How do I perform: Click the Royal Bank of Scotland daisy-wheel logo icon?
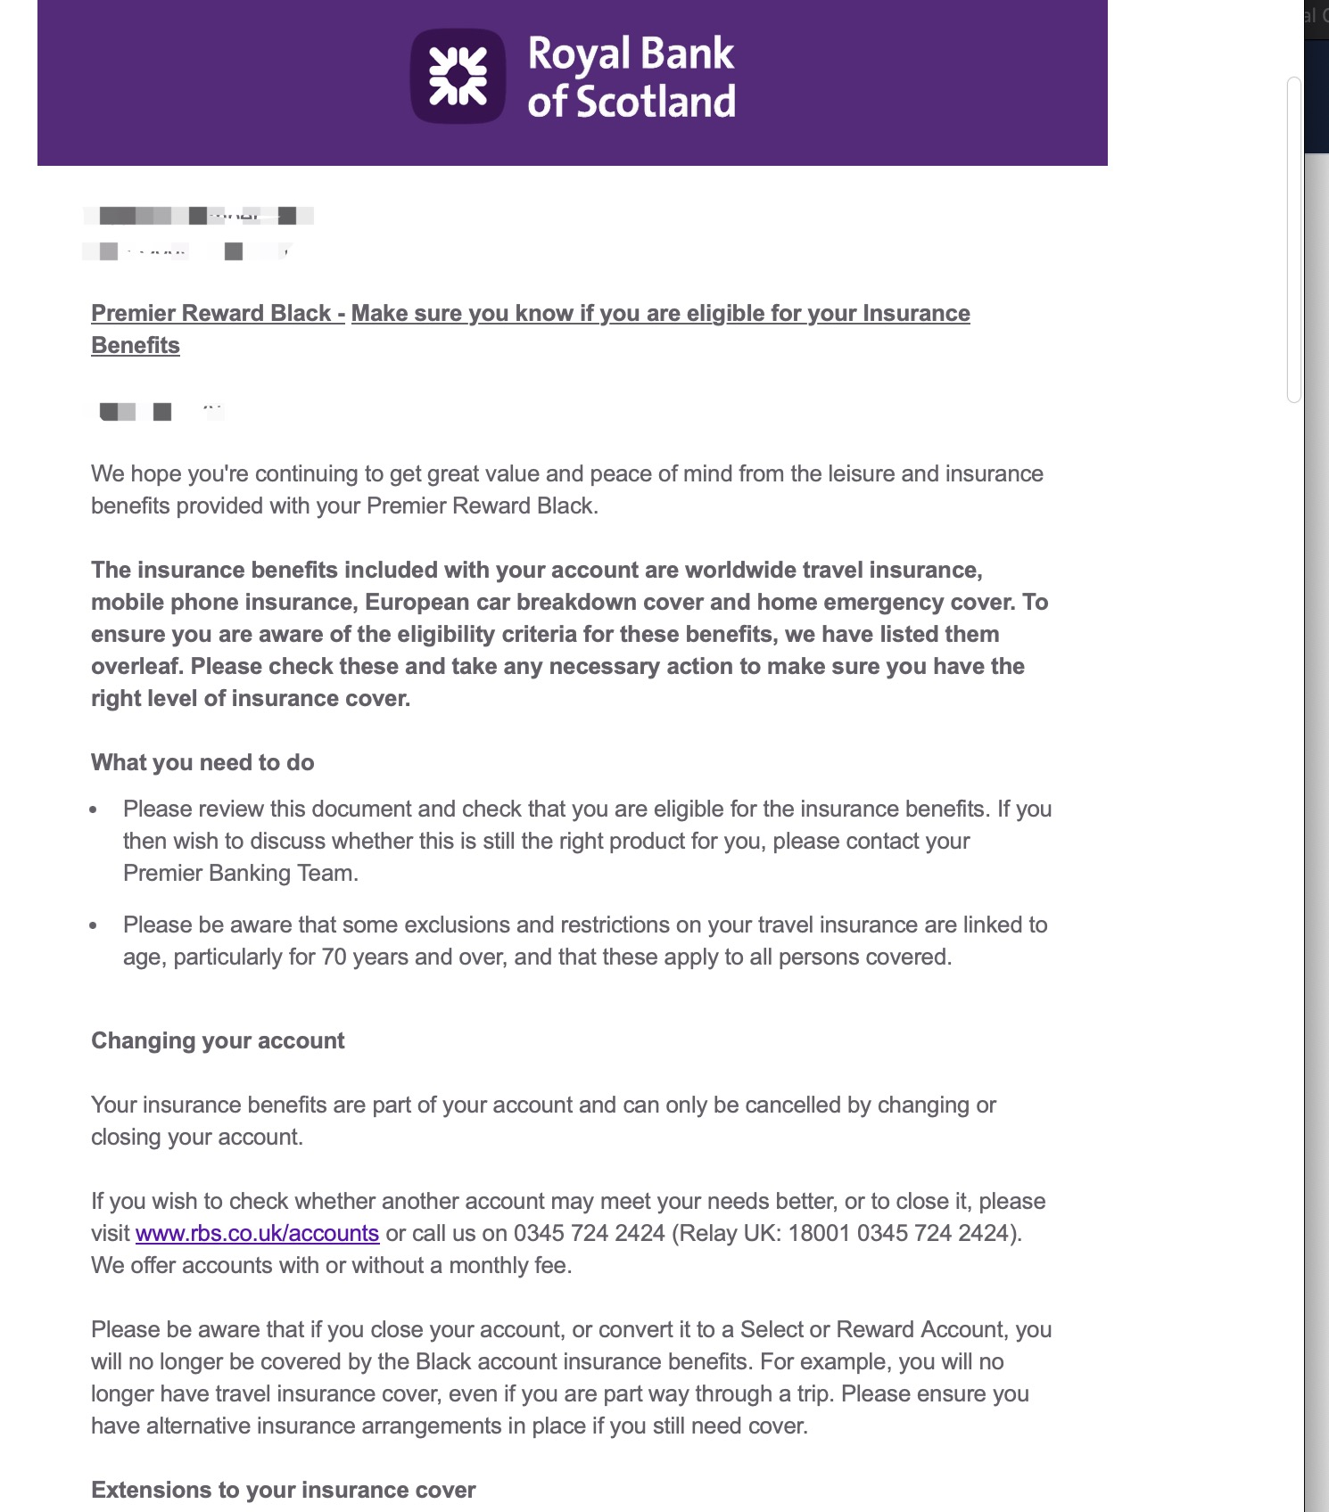(458, 77)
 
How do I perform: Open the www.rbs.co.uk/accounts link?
(257, 1233)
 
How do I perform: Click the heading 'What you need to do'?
(202, 762)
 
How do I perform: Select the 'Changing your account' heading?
(218, 1040)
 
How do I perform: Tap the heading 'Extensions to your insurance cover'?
(283, 1490)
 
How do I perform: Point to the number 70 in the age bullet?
(334, 957)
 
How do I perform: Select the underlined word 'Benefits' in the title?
(136, 345)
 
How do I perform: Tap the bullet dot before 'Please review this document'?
(94, 810)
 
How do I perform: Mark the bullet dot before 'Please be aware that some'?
(94, 926)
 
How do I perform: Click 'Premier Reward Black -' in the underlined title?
(218, 313)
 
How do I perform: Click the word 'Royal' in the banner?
(579, 54)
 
